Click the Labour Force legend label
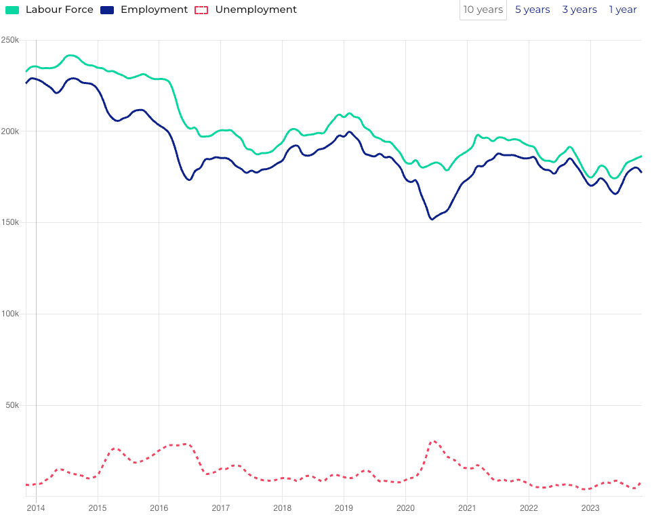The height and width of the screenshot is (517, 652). tap(59, 10)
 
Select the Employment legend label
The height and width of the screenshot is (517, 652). tap(154, 10)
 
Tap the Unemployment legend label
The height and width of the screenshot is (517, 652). tap(256, 10)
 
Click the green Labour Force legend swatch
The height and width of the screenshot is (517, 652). tap(12, 10)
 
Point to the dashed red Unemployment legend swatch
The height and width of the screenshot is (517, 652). tap(201, 10)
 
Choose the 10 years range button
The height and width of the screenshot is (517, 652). tap(483, 10)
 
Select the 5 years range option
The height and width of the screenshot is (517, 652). tap(532, 10)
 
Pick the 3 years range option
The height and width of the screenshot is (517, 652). tap(579, 10)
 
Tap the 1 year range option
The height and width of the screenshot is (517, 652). tap(623, 10)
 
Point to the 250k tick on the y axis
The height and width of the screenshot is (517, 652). tap(10, 40)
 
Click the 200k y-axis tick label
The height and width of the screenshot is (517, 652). tap(10, 131)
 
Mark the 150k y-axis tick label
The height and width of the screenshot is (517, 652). tap(10, 223)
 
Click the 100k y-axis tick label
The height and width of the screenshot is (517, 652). tap(10, 314)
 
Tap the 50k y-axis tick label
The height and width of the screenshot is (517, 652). tap(12, 405)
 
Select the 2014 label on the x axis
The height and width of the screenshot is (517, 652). tap(35, 508)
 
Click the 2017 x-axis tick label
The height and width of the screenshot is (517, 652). tap(220, 508)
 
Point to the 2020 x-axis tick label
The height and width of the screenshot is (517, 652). tap(405, 508)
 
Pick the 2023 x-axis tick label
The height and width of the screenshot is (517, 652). tap(590, 508)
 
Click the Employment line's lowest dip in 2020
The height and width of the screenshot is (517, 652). tap(432, 219)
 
